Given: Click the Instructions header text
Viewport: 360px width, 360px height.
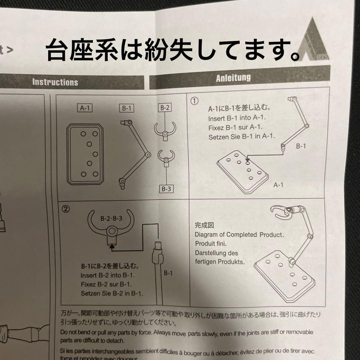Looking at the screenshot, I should [55, 82].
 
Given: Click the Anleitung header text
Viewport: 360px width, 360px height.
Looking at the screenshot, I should [233, 78].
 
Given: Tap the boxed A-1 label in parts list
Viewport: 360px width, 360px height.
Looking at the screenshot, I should [85, 107].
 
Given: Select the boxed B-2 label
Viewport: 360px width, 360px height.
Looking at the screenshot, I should [165, 108].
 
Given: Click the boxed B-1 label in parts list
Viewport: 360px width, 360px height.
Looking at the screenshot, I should [126, 108].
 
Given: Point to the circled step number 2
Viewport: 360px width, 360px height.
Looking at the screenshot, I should [66, 209].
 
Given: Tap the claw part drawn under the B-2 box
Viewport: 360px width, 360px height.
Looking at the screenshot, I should [165, 130].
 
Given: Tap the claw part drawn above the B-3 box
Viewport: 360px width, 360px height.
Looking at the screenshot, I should [166, 157].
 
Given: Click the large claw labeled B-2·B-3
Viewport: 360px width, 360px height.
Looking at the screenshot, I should [111, 227].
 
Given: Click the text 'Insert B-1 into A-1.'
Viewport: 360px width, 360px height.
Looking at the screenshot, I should [237, 118].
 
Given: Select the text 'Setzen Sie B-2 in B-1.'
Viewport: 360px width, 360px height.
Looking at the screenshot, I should [112, 294].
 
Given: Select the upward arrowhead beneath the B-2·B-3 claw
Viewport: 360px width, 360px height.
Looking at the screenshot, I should [111, 247].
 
